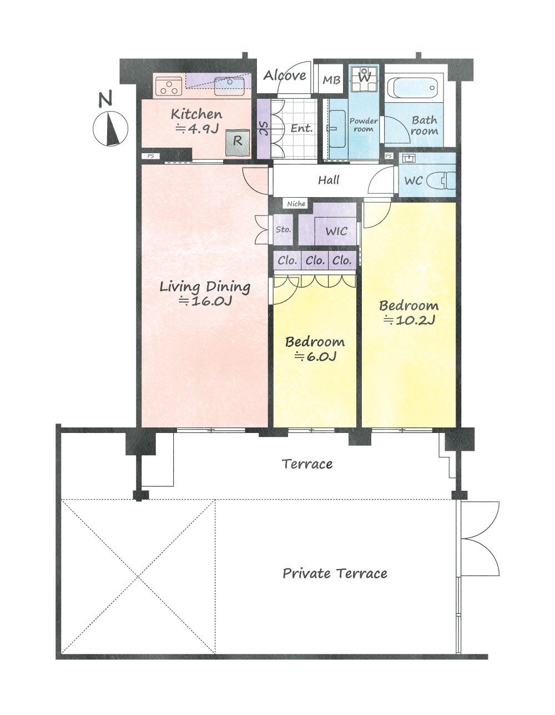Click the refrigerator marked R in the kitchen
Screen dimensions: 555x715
(238, 142)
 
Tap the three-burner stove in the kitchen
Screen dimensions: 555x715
(169, 86)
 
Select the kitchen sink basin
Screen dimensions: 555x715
(229, 87)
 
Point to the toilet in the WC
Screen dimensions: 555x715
(441, 180)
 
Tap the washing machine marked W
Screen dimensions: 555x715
(364, 79)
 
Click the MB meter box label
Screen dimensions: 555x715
(331, 80)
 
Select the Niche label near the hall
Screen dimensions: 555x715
(296, 204)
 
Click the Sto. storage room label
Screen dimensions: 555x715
(283, 229)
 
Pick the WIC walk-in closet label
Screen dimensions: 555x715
(336, 231)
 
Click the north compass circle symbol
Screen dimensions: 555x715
(110, 128)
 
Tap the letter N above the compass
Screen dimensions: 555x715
(105, 99)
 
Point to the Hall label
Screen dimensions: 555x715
(329, 180)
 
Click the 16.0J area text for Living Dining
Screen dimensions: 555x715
(206, 301)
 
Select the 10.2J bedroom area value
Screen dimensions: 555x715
(410, 320)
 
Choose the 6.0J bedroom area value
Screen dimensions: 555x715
(315, 356)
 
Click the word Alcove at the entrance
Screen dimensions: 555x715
(285, 76)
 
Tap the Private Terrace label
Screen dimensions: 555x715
(335, 573)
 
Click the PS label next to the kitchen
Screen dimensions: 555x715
(150, 156)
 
